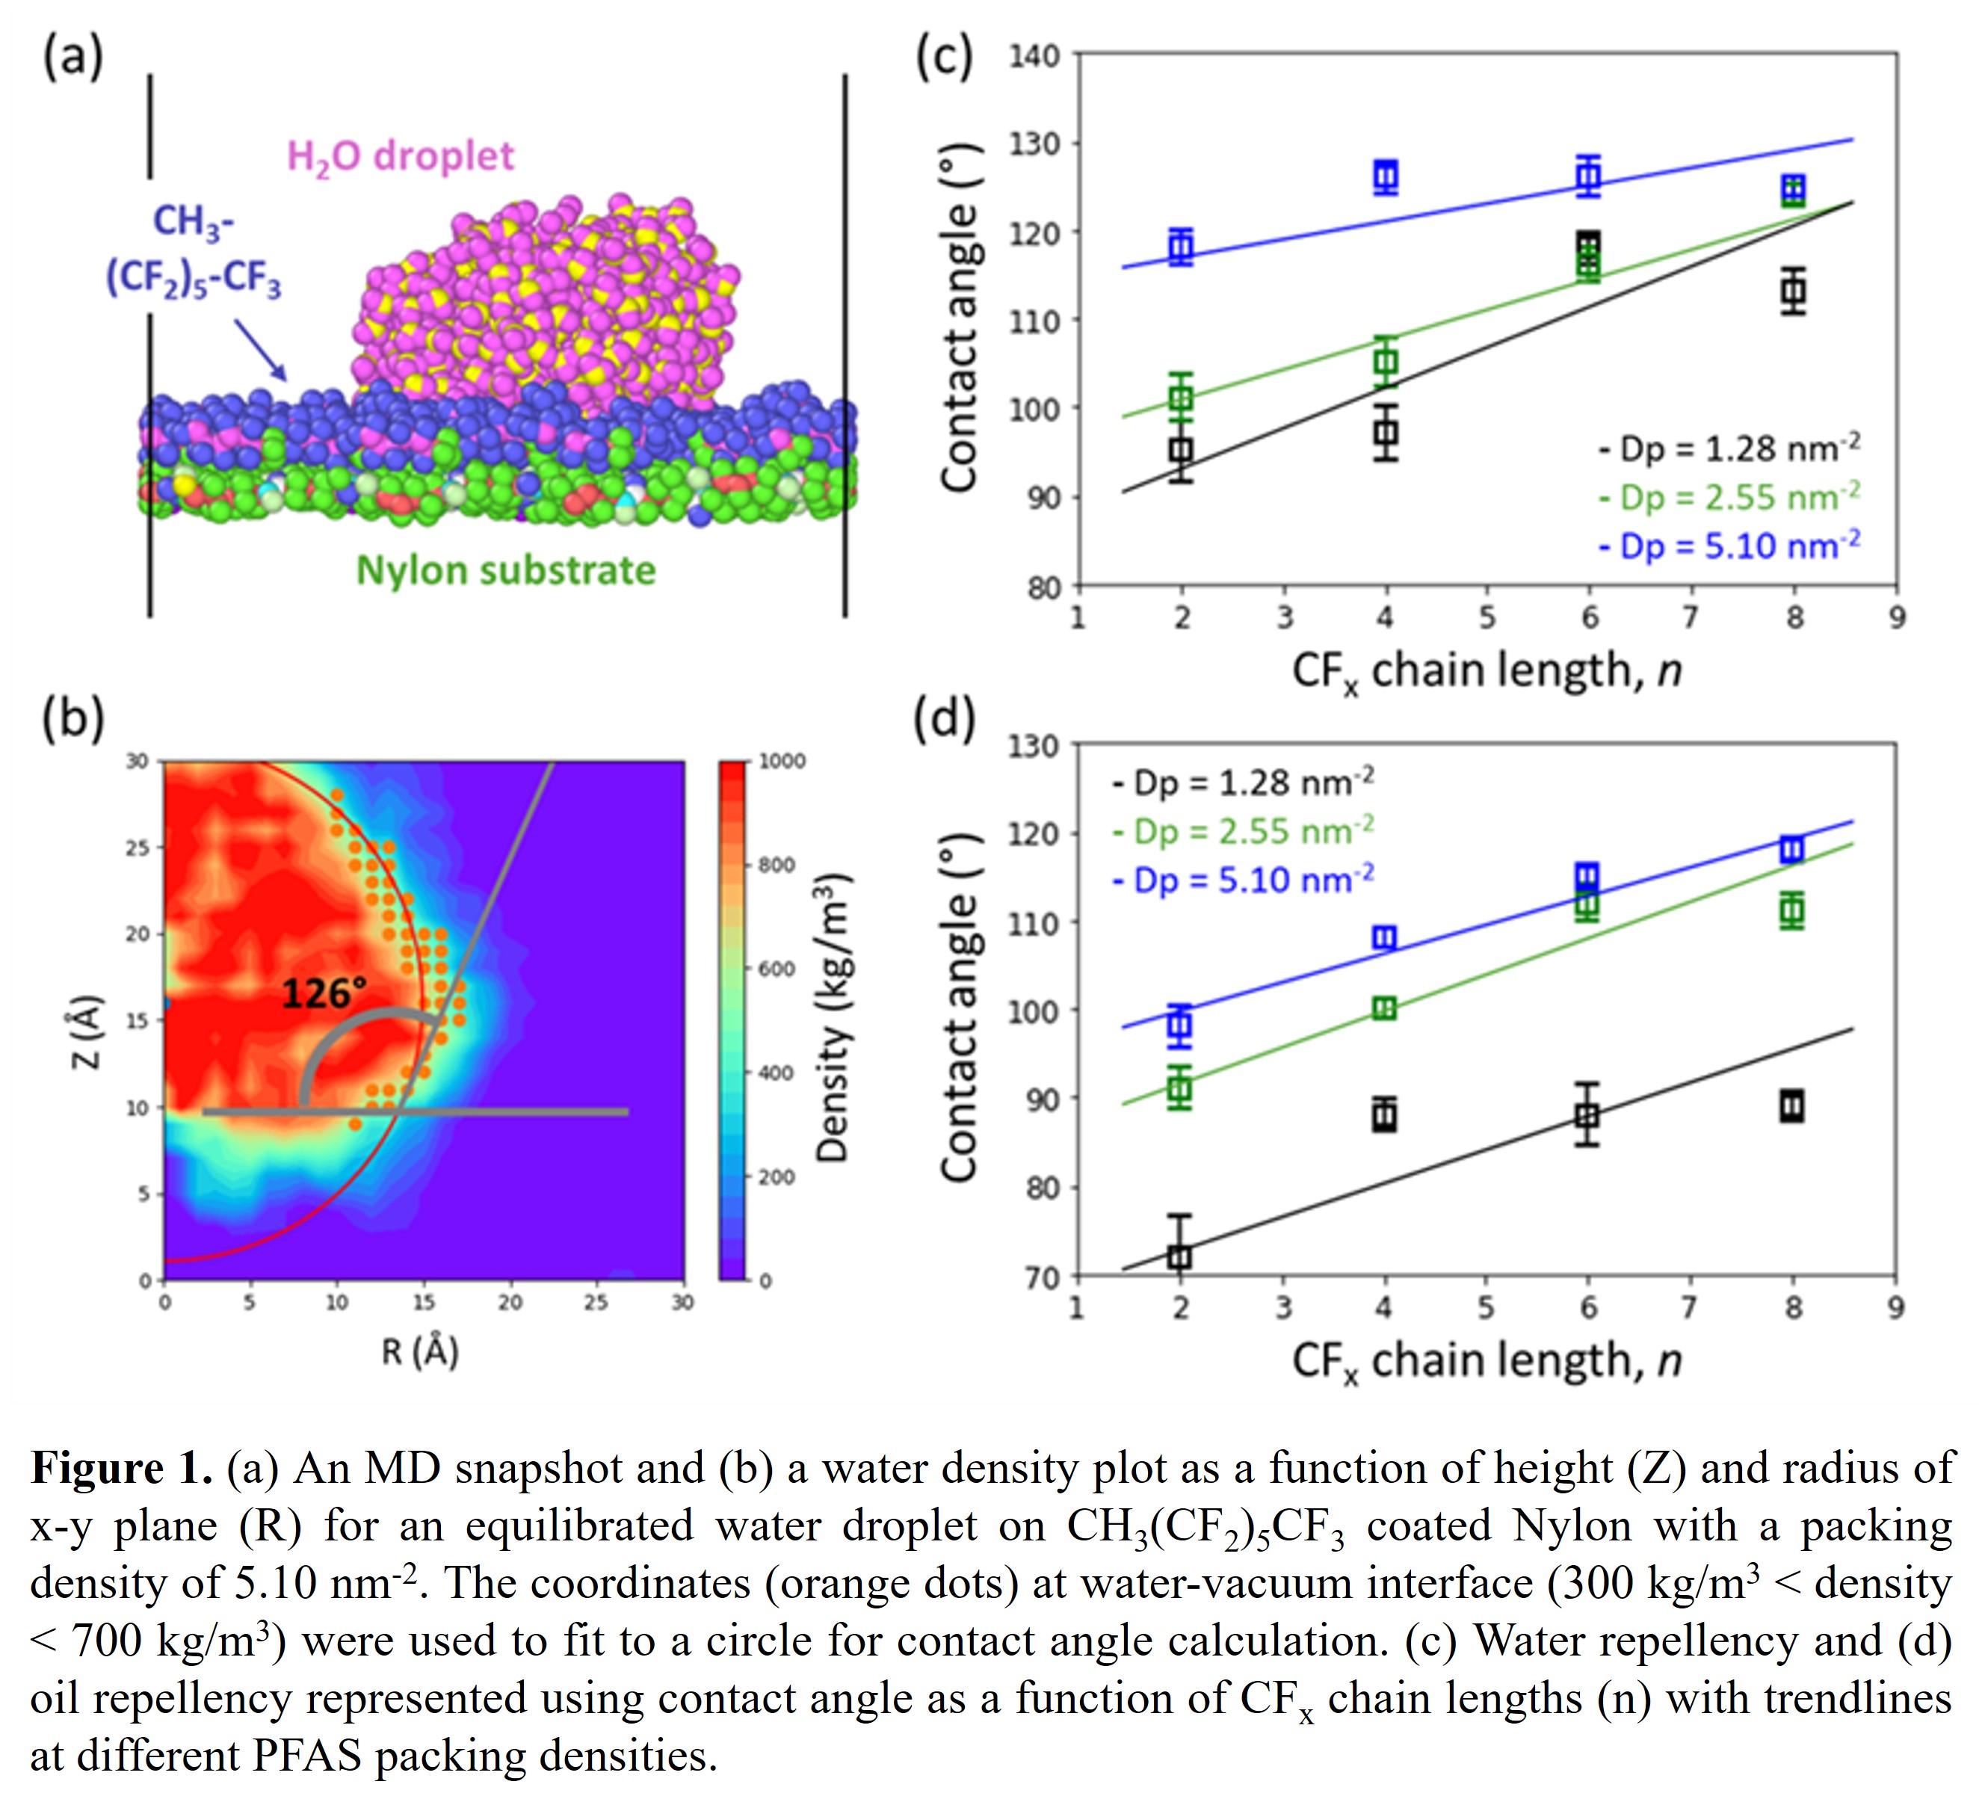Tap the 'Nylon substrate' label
[505, 571]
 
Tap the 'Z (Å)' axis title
[87, 1031]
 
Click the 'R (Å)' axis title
[420, 1353]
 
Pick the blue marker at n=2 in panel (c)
[1181, 247]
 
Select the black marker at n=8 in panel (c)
[1793, 291]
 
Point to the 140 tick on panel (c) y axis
[1035, 56]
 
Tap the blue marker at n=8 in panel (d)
[1792, 850]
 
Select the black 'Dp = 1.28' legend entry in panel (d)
[1244, 783]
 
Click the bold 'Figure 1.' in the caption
[122, 1469]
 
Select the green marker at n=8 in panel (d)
[1792, 910]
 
